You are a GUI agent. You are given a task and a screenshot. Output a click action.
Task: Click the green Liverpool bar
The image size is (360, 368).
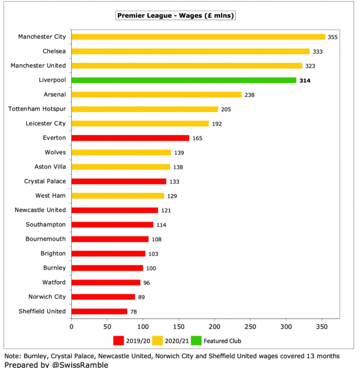(184, 80)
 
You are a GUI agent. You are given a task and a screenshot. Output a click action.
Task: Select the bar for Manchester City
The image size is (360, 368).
(198, 37)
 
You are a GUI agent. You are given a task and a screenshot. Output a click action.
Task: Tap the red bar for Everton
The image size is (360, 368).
(130, 138)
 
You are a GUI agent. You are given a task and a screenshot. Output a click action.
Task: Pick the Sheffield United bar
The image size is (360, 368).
(99, 311)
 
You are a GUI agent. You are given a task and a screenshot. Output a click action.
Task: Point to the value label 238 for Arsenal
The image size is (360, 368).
(250, 95)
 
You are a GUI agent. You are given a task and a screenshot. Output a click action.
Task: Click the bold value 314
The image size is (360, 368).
(305, 80)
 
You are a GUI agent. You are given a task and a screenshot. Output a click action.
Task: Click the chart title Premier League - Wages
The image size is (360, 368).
(176, 16)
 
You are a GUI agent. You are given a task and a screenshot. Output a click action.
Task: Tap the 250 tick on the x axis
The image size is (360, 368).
(250, 326)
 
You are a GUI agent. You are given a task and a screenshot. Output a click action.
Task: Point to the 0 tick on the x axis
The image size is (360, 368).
(72, 326)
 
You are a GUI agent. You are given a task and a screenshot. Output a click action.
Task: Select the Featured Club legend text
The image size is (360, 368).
(222, 341)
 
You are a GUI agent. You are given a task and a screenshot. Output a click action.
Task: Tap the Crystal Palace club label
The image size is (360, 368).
(45, 181)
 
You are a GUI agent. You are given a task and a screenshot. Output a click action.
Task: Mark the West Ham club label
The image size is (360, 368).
(51, 196)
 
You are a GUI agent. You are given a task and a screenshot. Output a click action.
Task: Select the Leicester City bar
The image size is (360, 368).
(140, 124)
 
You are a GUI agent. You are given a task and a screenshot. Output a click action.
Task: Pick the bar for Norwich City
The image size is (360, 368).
(103, 297)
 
